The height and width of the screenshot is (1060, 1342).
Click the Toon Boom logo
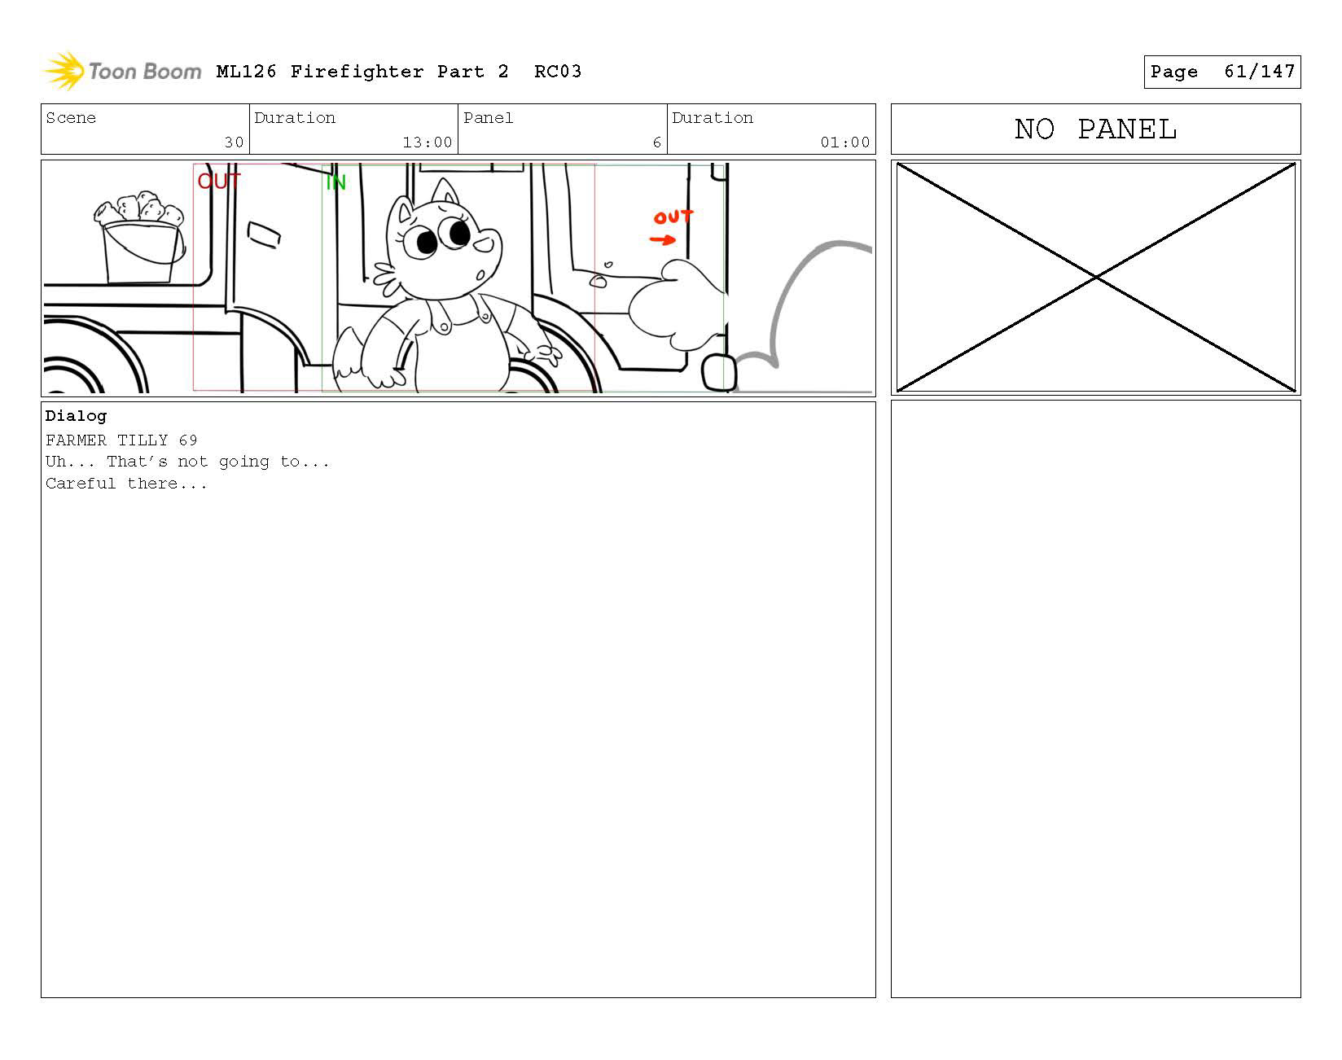point(121,71)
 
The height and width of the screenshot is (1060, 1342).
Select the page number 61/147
point(1259,72)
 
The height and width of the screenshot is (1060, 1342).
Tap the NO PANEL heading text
point(1095,129)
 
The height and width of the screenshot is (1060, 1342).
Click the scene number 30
point(234,142)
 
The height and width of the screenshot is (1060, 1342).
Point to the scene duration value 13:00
point(428,142)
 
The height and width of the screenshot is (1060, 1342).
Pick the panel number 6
point(656,142)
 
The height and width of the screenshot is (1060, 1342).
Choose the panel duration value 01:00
point(845,142)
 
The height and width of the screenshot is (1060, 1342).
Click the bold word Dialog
point(76,416)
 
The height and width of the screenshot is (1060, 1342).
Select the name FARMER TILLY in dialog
point(107,440)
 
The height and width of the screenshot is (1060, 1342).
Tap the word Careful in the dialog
point(81,484)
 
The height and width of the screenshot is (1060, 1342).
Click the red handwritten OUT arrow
point(663,239)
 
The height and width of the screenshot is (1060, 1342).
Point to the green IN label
point(335,182)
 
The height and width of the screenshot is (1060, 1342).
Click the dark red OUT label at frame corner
point(219,181)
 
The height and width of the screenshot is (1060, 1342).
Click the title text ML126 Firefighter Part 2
point(362,72)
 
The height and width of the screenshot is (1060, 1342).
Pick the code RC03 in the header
point(558,72)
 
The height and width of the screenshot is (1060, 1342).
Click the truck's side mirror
point(263,234)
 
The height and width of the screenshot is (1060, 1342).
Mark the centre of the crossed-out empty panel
point(1096,278)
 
